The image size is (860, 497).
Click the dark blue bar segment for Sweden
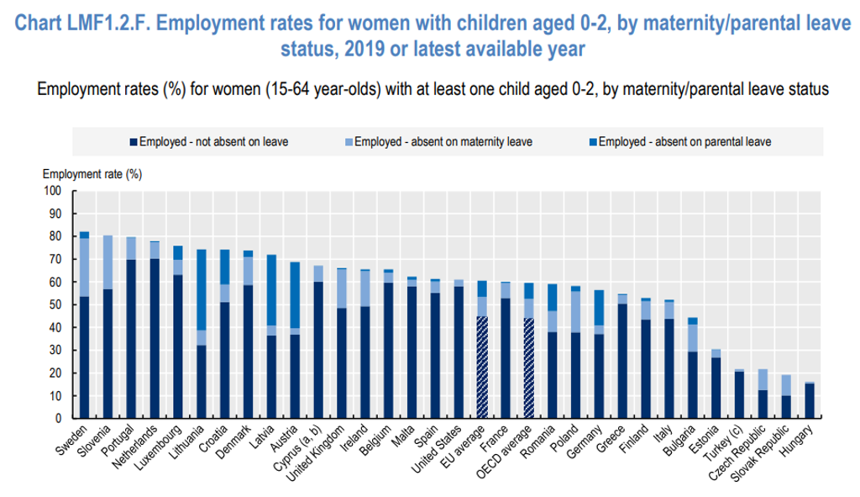click(x=85, y=357)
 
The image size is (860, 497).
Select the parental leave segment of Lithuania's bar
click(x=202, y=289)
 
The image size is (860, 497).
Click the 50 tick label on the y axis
click(x=55, y=304)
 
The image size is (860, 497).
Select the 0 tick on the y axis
click(x=58, y=418)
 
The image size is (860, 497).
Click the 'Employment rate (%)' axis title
click(x=92, y=174)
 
